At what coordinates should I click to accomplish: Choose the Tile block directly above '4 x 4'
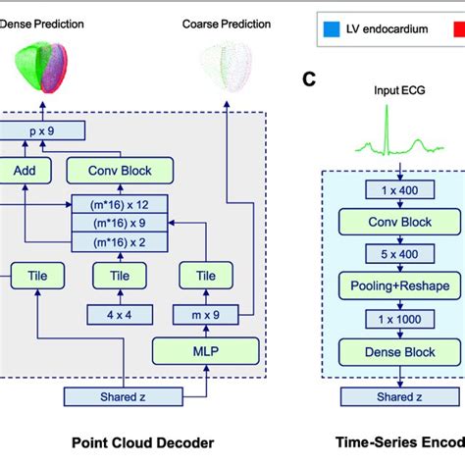[x=119, y=276]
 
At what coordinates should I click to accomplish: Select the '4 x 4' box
[x=119, y=314]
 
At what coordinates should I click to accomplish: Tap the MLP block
[x=205, y=349]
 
